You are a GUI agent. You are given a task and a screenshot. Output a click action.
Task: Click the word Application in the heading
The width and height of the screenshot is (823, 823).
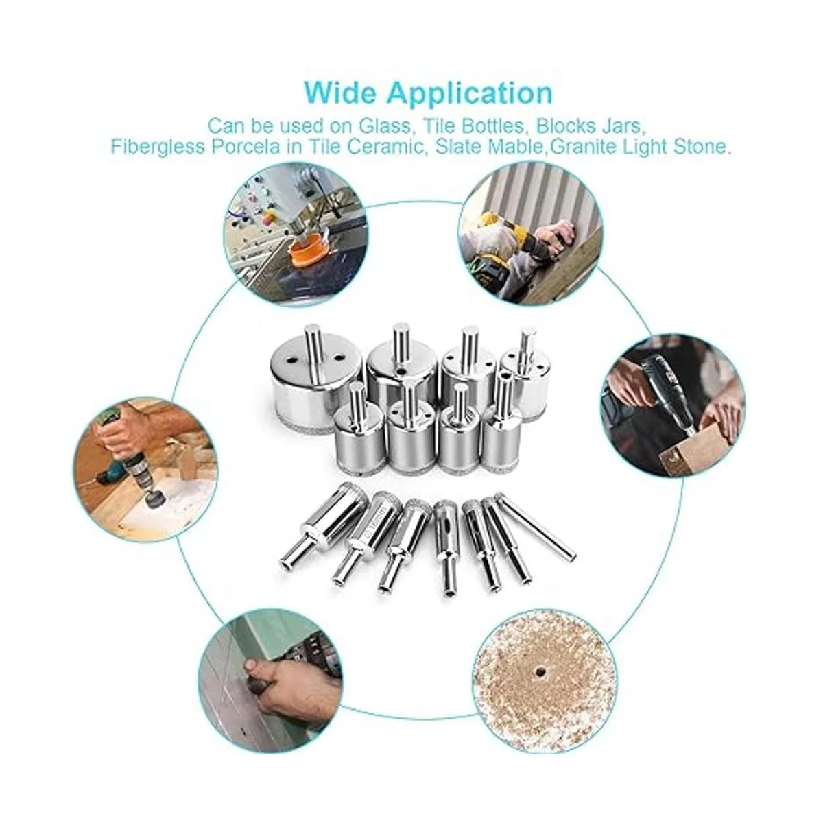pyautogui.click(x=470, y=94)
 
